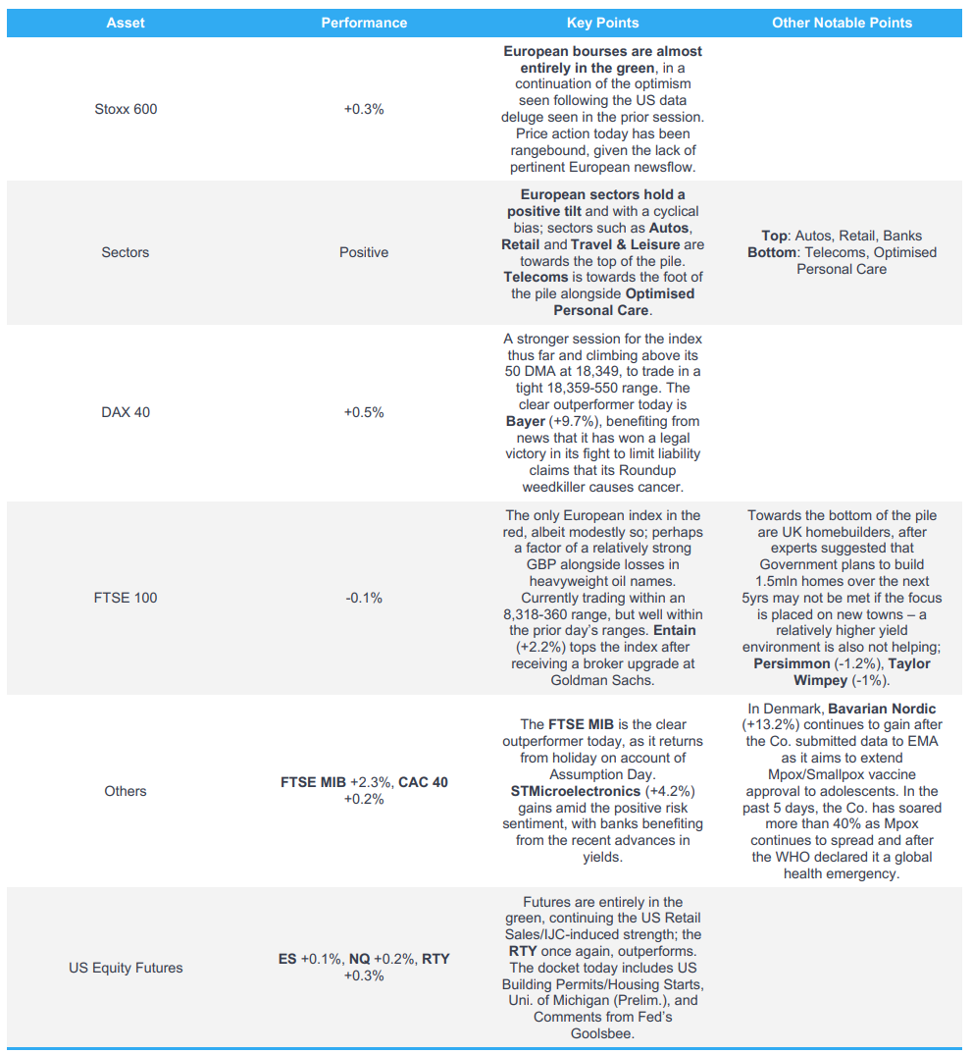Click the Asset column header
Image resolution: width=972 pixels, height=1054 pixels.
[126, 23]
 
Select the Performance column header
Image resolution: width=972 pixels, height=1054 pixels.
[364, 23]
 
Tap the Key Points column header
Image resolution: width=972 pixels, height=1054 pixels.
[602, 23]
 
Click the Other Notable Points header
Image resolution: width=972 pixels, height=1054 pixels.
[842, 23]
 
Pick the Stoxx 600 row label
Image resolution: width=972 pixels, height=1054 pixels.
[126, 109]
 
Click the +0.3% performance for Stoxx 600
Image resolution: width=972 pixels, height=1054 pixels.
[364, 109]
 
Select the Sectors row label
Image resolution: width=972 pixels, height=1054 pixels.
[126, 252]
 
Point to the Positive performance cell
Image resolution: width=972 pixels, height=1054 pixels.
[364, 252]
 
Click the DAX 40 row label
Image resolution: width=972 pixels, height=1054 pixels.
[126, 412]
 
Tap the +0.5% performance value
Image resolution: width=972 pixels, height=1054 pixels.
[364, 412]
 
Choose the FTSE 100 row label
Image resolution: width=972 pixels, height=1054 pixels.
[126, 598]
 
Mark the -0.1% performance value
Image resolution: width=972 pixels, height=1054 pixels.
[364, 598]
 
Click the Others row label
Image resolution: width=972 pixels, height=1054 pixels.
[126, 791]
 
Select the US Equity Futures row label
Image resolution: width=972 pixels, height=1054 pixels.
[126, 968]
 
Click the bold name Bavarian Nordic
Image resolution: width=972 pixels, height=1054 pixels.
[882, 709]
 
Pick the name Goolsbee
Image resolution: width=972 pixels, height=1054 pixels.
[602, 1033]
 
